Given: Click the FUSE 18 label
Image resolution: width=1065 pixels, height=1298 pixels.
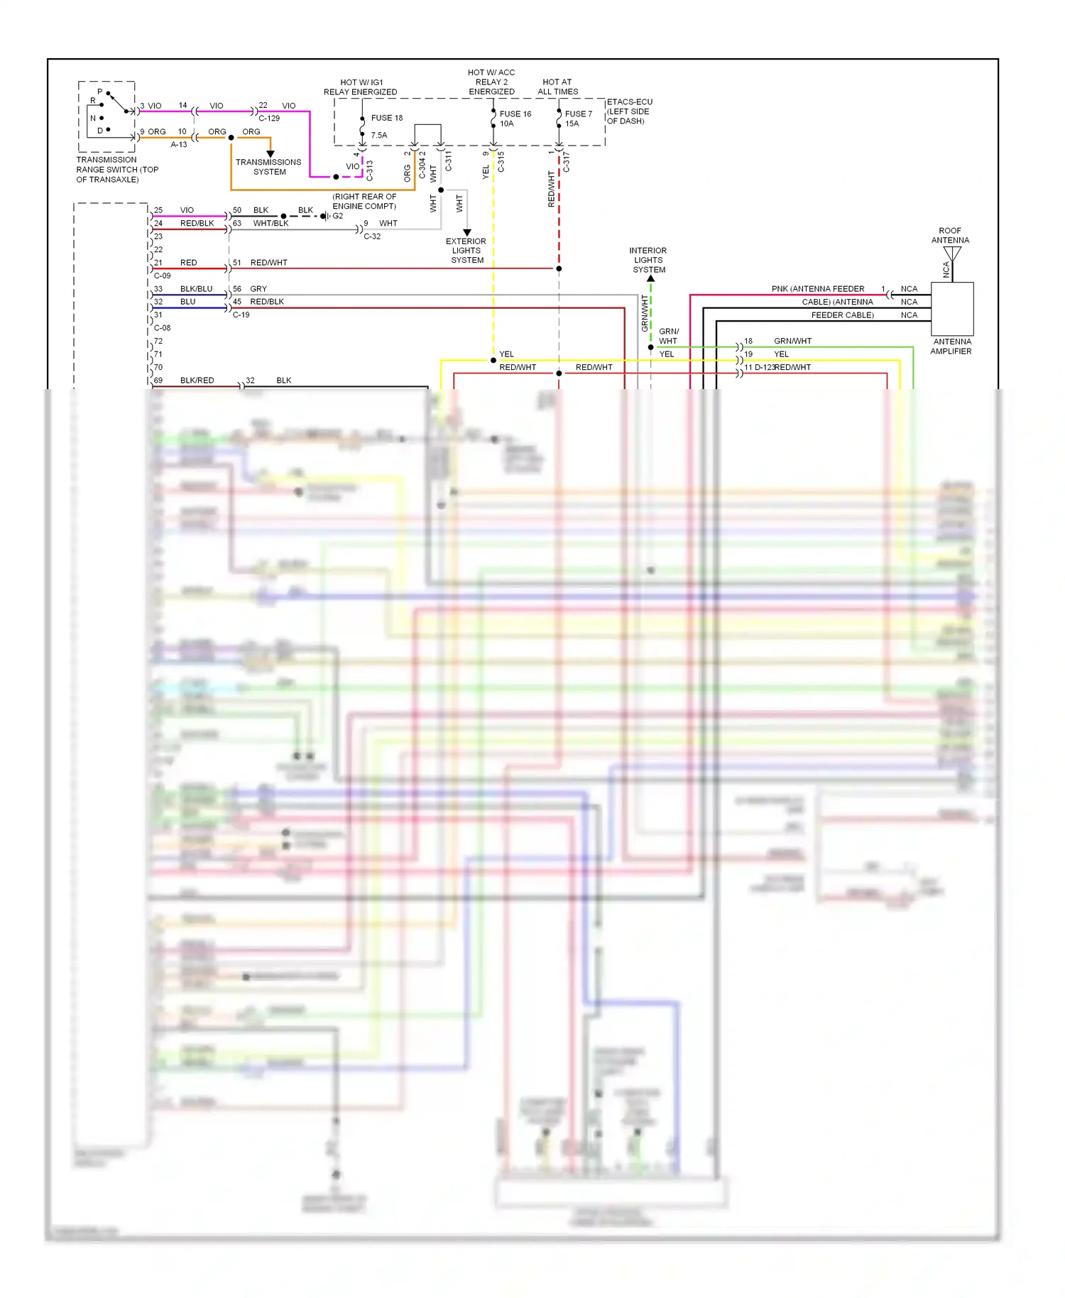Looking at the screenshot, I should [386, 118].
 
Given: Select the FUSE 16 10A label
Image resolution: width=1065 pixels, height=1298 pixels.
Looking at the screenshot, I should [515, 119].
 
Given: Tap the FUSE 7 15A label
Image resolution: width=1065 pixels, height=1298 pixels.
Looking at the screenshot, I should [578, 119].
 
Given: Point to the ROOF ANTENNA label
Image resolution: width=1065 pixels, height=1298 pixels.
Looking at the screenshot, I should [950, 235].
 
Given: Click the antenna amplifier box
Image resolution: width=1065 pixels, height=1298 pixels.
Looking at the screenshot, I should [951, 309].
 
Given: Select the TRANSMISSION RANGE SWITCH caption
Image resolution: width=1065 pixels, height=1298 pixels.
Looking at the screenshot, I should [117, 170].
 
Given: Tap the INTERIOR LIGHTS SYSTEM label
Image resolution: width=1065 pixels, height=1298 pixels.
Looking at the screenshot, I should [648, 260].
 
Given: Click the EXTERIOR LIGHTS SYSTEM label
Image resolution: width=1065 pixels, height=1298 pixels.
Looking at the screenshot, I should [466, 251].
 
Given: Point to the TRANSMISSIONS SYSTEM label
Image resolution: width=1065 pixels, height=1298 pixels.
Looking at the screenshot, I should [268, 167].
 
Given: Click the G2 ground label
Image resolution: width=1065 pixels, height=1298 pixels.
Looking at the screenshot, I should [338, 216].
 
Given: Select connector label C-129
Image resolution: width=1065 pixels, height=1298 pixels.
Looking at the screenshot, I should [269, 119].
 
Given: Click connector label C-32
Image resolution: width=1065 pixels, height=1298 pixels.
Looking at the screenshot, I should [372, 236].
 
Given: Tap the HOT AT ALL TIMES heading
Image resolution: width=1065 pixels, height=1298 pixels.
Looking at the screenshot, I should [557, 87].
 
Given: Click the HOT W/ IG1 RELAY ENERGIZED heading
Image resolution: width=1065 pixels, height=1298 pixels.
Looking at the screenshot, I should [361, 87].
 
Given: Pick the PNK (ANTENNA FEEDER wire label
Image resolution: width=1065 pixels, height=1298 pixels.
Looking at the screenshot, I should [818, 289].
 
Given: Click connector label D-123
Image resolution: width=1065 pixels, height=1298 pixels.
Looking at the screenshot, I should [764, 368].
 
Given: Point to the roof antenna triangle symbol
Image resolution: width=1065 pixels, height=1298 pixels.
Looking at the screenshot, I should [952, 253].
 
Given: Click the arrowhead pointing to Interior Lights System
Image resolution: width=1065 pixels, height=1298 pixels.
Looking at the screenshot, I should [650, 278].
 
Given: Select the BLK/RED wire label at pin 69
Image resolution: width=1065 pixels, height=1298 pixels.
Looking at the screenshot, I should [197, 381].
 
